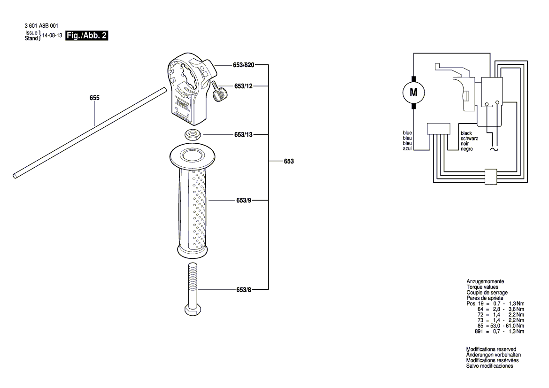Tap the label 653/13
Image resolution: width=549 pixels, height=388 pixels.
[243, 134]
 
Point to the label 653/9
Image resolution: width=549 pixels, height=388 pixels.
[243, 200]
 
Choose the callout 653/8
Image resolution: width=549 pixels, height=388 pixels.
[243, 290]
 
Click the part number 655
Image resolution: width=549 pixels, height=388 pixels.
[94, 98]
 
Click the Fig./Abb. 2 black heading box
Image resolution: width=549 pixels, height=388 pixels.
[87, 35]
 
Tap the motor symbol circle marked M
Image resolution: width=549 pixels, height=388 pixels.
[413, 93]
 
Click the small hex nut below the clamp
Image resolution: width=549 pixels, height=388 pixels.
[193, 133]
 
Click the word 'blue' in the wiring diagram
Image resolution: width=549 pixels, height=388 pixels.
[407, 133]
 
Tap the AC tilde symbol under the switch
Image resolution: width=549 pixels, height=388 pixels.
[493, 149]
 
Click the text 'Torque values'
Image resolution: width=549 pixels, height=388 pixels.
[482, 287]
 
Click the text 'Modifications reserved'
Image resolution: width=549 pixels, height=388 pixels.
[491, 349]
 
